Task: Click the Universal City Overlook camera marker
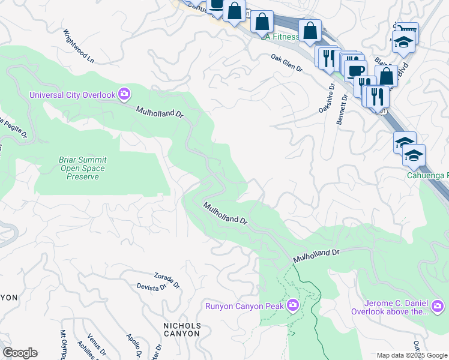click(x=124, y=94)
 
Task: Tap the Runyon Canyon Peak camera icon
click(x=292, y=305)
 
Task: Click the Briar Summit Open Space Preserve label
click(x=82, y=168)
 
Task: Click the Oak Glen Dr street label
click(x=287, y=62)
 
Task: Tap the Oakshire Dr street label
click(x=325, y=100)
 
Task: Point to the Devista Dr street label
click(x=151, y=287)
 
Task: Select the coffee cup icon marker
click(x=356, y=70)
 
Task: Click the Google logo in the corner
click(x=20, y=353)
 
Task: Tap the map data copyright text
click(x=412, y=355)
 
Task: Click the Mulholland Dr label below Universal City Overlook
click(x=159, y=112)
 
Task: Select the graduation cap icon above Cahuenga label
click(x=413, y=156)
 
